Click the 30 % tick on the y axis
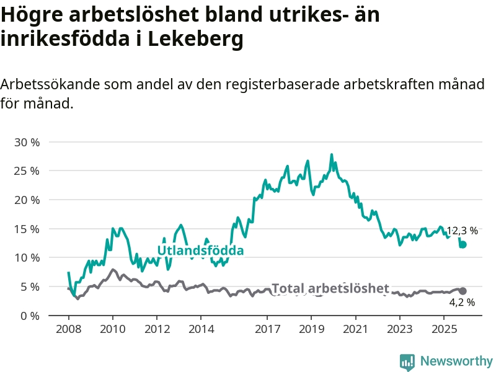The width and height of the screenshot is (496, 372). tap(27, 142)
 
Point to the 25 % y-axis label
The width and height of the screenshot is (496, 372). tap(27, 170)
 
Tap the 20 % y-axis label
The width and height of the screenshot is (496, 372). tap(27, 200)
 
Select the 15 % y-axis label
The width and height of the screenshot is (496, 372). tap(27, 229)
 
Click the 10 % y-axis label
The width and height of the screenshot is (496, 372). tap(27, 257)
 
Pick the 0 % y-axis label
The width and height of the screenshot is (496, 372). tap(30, 316)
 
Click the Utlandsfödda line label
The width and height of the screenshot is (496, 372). tap(200, 250)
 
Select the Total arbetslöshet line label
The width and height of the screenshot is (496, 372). tap(330, 288)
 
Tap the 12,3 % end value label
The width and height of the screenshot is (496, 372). tap(462, 231)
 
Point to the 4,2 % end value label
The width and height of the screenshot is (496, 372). tap(462, 303)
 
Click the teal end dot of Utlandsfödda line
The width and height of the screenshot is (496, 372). tap(463, 245)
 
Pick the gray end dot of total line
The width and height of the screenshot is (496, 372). tap(463, 291)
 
